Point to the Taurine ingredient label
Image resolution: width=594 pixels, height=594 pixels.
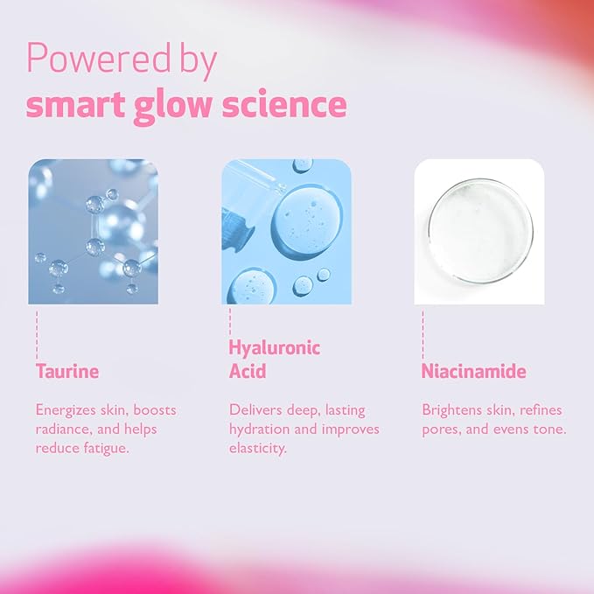point(67,371)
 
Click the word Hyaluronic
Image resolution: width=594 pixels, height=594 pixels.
point(275,348)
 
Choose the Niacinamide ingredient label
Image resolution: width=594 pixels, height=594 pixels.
point(473,371)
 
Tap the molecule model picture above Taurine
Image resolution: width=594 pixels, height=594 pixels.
point(93,231)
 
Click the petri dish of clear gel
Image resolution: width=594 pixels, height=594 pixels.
point(479,231)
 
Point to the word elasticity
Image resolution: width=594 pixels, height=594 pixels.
point(257,448)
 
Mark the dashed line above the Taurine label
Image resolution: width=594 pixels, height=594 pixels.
point(38,332)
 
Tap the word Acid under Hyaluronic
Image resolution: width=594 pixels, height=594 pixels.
point(248,372)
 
